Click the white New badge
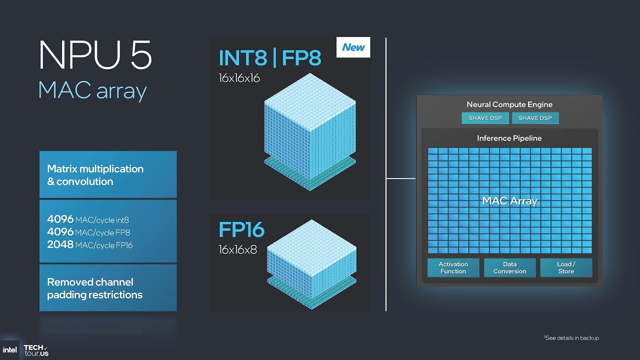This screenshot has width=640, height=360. pos(353,47)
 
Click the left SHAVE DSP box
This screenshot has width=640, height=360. pos(485,118)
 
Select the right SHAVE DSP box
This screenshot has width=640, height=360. pos(535,118)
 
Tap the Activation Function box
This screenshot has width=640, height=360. pos(453,267)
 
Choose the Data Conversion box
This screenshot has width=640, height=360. pos(509,267)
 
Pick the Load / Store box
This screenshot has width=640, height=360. pos(566,267)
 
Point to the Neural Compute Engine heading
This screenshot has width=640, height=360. pos(509,104)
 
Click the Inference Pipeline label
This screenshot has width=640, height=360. pos(509,138)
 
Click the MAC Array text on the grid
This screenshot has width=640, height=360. pos(509,201)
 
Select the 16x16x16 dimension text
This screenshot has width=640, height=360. pos(239,78)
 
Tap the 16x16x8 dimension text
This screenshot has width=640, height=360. pos(237,249)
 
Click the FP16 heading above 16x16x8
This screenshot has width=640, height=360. pos(241,229)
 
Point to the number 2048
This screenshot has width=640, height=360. pos(60,244)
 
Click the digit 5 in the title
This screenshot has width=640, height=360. pos(141,55)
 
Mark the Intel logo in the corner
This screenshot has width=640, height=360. pos(9,350)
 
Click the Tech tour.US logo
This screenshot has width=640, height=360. pos(36,350)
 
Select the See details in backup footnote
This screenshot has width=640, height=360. pos(571,338)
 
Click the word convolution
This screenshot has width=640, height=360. pos(85,181)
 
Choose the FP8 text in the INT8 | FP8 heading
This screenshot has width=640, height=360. pos(301,57)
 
